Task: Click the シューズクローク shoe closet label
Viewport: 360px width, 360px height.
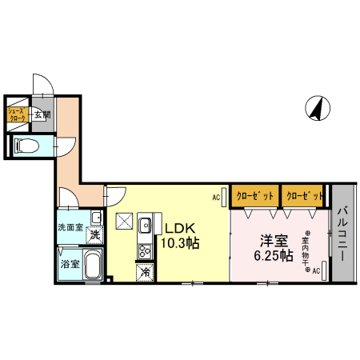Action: coord(18,115)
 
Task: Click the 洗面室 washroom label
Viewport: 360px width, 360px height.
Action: coord(69,227)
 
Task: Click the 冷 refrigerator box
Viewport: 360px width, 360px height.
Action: coord(146,271)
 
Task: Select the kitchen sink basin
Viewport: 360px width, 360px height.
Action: coord(145,226)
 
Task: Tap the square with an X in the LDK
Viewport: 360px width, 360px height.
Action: coord(124,222)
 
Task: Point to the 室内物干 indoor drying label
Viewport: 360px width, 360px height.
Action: coord(307,253)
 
